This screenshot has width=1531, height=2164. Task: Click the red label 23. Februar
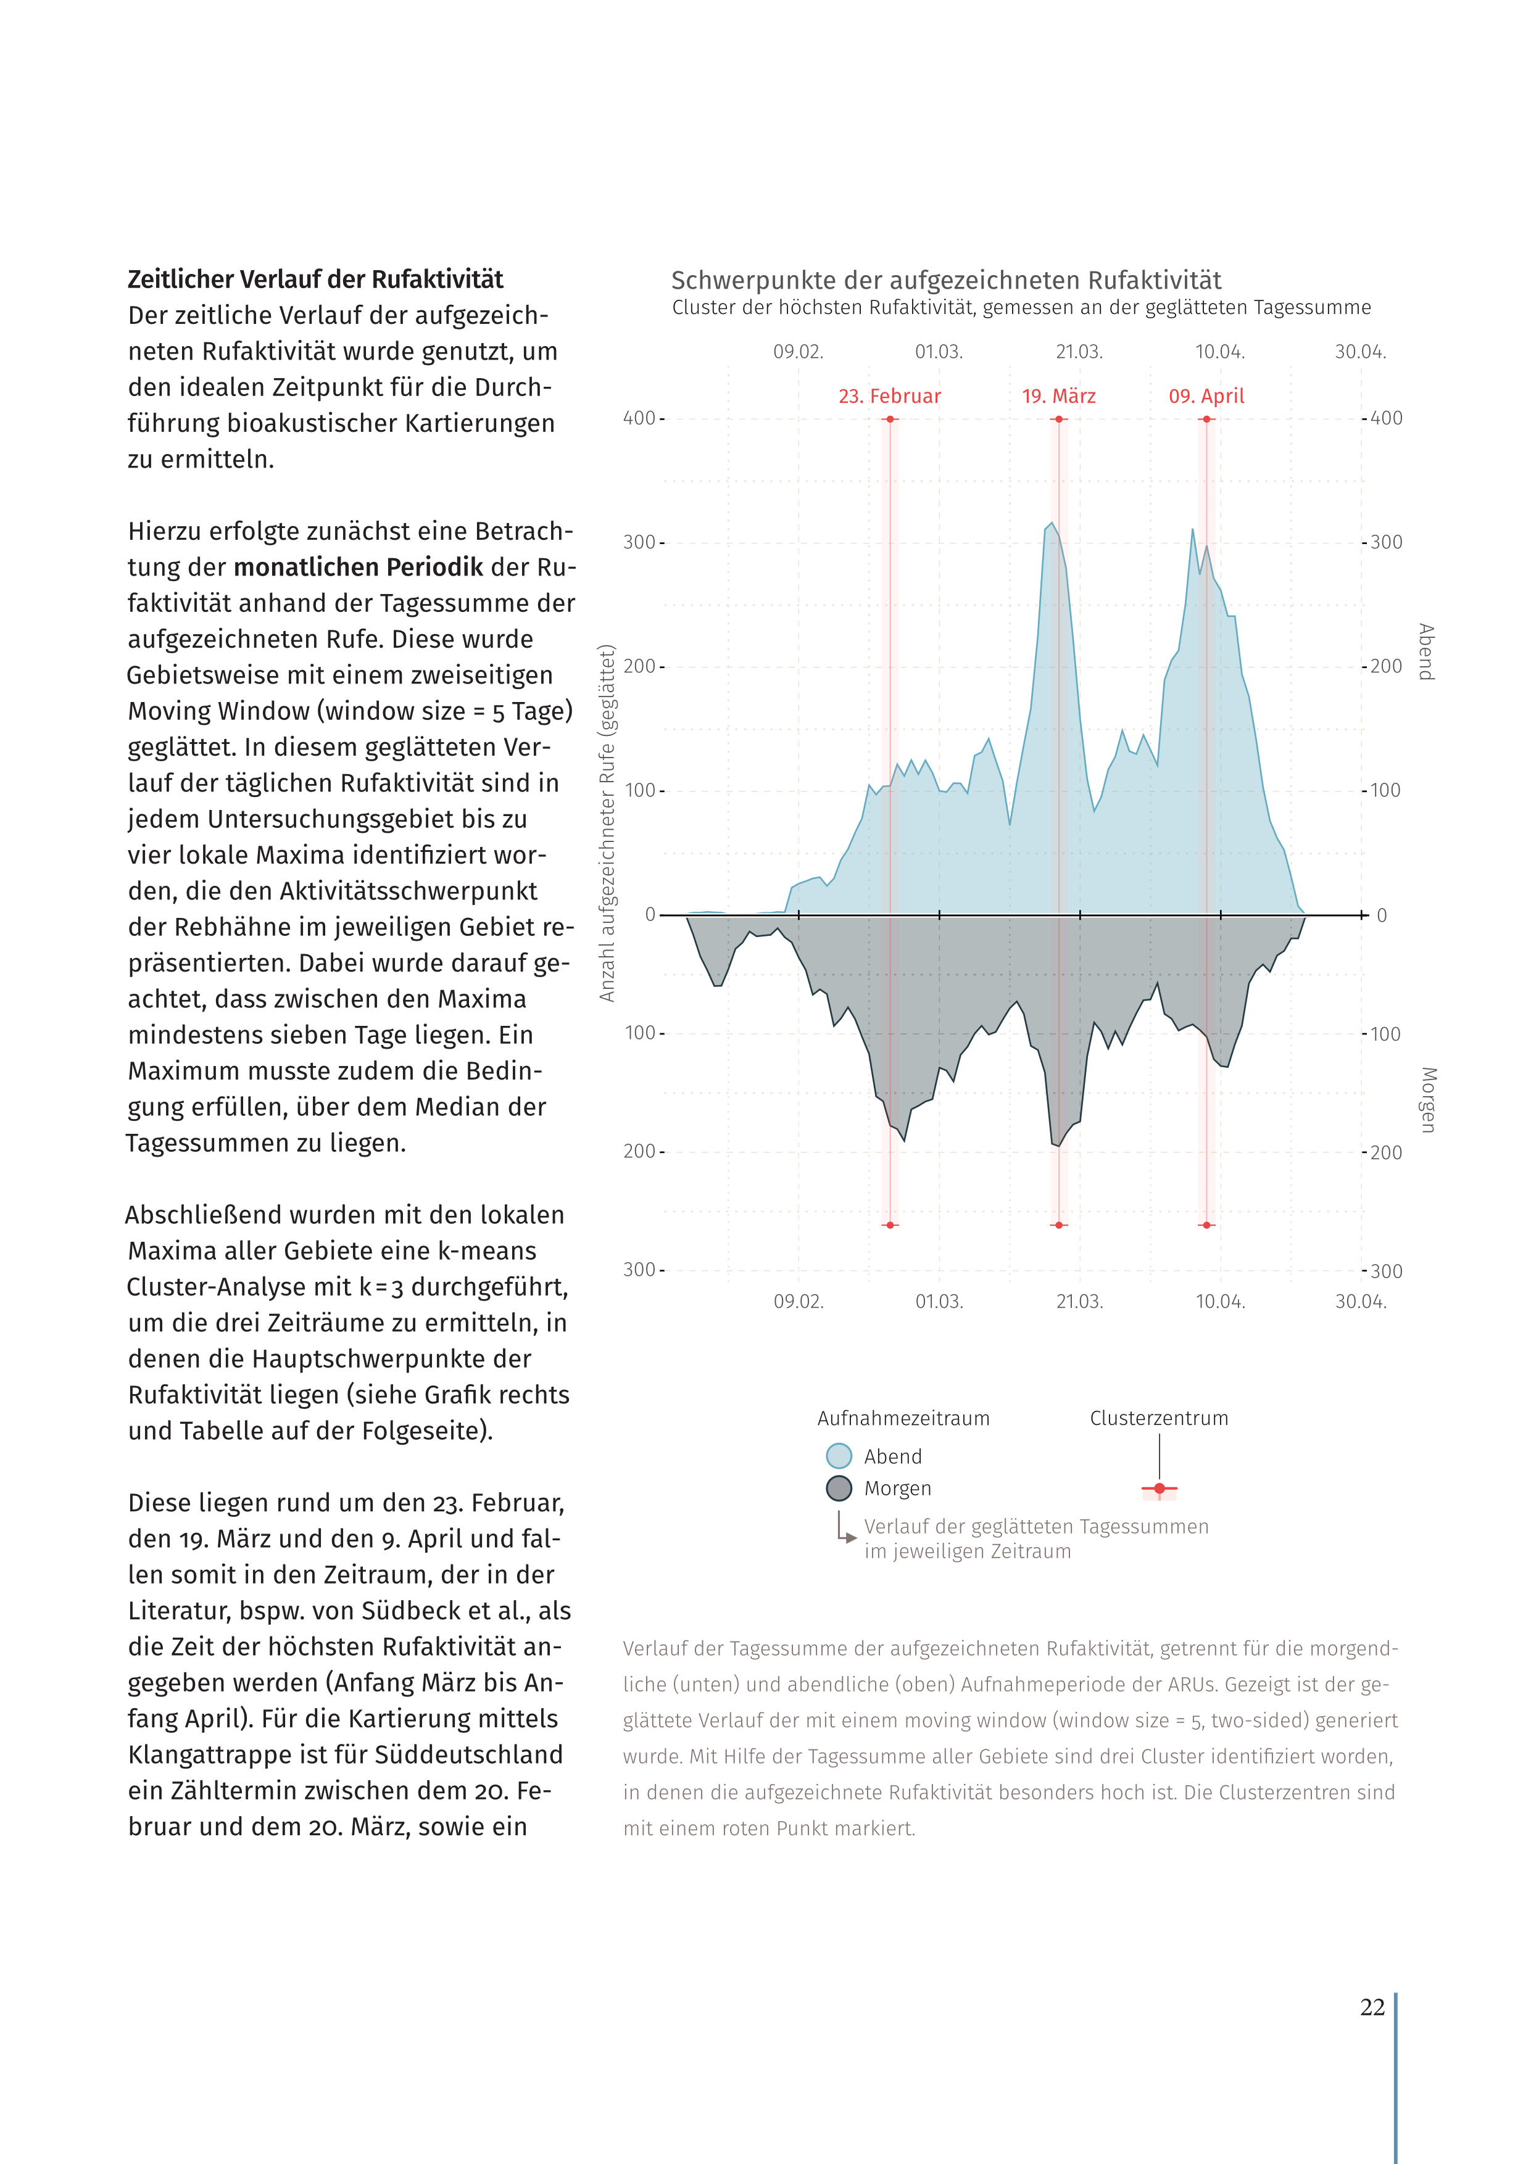click(889, 397)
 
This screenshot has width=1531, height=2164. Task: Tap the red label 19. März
click(1059, 397)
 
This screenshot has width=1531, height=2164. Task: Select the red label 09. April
click(1206, 397)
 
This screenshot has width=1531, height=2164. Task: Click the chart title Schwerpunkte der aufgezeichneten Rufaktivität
click(945, 281)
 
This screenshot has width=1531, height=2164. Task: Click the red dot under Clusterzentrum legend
click(1159, 1489)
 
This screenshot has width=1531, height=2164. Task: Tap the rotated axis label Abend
click(1426, 651)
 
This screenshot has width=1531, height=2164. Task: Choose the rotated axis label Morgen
click(1427, 1099)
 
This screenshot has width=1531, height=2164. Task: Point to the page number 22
click(1372, 2007)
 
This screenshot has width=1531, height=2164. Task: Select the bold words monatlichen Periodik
click(359, 568)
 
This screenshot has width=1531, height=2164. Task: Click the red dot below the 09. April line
click(1206, 1225)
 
